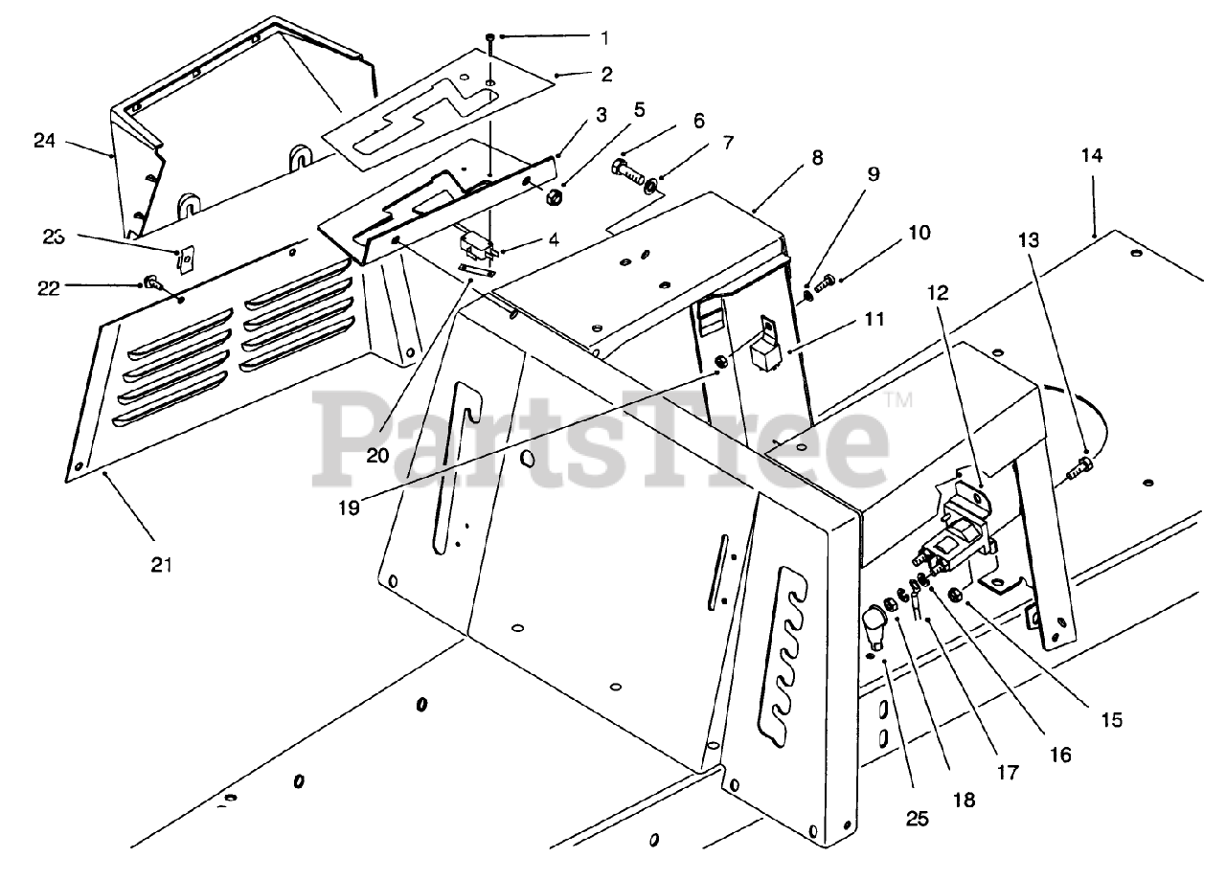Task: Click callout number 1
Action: (x=604, y=37)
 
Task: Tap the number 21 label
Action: (x=161, y=565)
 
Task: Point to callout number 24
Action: (x=44, y=141)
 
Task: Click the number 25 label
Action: (x=918, y=819)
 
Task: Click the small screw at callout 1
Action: (x=490, y=38)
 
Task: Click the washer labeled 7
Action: (x=651, y=184)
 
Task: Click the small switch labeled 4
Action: (x=477, y=247)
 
